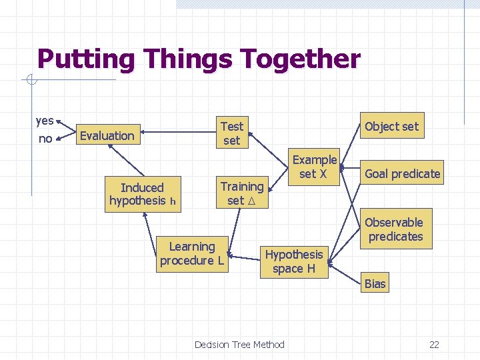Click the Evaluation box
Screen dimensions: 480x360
point(107,136)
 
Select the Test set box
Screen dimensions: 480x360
point(231,133)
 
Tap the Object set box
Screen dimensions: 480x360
point(391,126)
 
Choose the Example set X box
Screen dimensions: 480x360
point(314,167)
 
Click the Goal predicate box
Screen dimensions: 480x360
point(402,174)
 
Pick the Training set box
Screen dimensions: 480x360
point(241,193)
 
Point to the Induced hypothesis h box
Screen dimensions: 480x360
point(141,194)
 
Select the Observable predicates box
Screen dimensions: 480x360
point(394,229)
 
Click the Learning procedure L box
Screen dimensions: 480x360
point(191,253)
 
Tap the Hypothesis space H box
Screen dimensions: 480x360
point(293,261)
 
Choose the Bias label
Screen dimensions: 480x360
point(375,284)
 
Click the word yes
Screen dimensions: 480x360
point(45,121)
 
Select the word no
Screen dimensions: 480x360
point(45,139)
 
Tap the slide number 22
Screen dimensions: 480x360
point(434,345)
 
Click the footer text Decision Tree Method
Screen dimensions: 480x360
point(239,345)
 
